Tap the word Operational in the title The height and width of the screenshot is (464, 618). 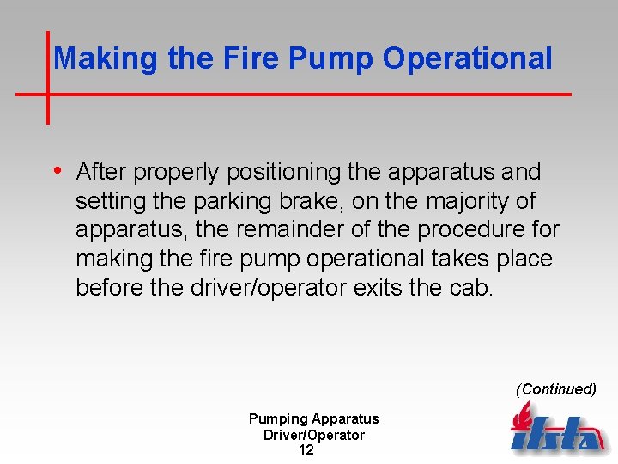(468, 58)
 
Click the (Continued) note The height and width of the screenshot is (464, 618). (555, 389)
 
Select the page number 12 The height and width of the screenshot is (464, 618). (306, 449)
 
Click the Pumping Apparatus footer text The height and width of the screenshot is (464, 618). (313, 419)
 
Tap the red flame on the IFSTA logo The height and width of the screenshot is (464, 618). (522, 416)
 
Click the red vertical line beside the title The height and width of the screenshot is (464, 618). (47, 77)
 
